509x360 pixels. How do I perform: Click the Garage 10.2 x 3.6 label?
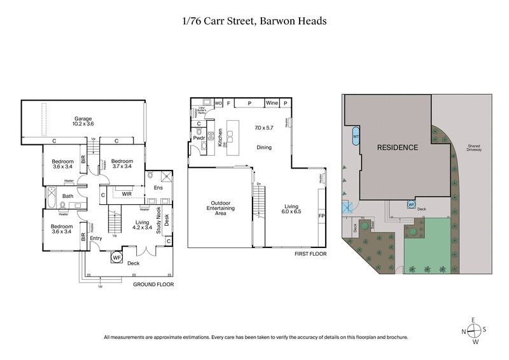[83, 121]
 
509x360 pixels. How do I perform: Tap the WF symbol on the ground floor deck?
[116, 258]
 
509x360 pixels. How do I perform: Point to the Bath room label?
[67, 196]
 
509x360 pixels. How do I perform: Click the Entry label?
[95, 239]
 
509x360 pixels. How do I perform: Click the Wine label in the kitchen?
[271, 103]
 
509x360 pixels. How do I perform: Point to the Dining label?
[263, 148]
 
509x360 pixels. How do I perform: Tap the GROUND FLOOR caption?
[153, 285]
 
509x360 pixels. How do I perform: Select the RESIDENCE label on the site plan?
[398, 148]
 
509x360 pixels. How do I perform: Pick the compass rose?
[475, 331]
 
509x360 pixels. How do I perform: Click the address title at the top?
[254, 20]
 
